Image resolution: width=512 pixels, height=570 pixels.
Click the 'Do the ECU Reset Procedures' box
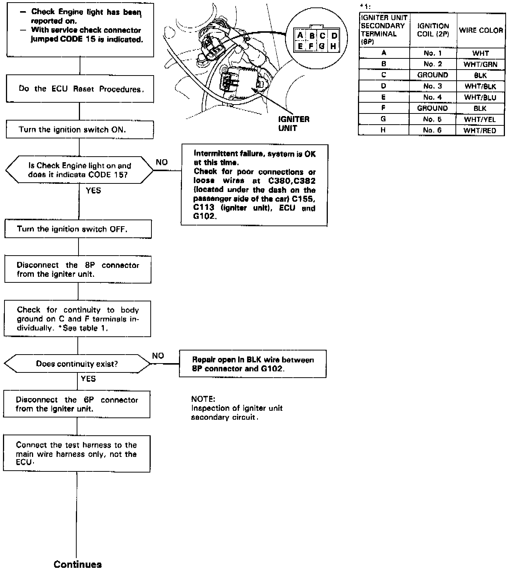click(x=80, y=89)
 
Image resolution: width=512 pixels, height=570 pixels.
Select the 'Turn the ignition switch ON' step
click(x=80, y=129)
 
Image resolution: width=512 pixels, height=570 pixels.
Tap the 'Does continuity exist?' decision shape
click(x=77, y=364)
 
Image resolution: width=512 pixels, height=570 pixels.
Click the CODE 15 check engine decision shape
click(x=79, y=170)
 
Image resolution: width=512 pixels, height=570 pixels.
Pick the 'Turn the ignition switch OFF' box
click(x=78, y=229)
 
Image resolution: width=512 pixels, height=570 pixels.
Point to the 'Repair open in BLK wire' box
click(x=253, y=364)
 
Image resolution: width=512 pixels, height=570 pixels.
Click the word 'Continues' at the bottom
click(x=77, y=564)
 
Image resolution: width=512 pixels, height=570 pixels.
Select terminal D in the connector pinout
click(x=334, y=36)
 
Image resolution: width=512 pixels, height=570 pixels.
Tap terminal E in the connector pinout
click(x=300, y=47)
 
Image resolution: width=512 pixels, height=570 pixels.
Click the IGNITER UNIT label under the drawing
click(x=293, y=124)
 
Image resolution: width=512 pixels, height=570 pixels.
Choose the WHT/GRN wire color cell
click(x=480, y=64)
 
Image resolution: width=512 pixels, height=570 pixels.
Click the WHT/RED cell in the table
click(x=480, y=130)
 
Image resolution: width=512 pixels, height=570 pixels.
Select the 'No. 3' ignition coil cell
click(x=432, y=86)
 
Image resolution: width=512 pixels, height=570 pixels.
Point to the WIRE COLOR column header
click(x=481, y=31)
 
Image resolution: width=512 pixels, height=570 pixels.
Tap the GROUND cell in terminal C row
click(x=432, y=75)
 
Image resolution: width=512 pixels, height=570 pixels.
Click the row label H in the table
click(x=383, y=130)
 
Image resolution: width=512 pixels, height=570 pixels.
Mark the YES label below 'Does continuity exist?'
click(x=88, y=379)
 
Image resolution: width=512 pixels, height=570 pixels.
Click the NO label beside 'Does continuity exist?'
click(x=158, y=356)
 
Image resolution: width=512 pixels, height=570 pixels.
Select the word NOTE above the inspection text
click(x=203, y=399)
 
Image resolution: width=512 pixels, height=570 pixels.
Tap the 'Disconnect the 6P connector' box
click(x=77, y=404)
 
